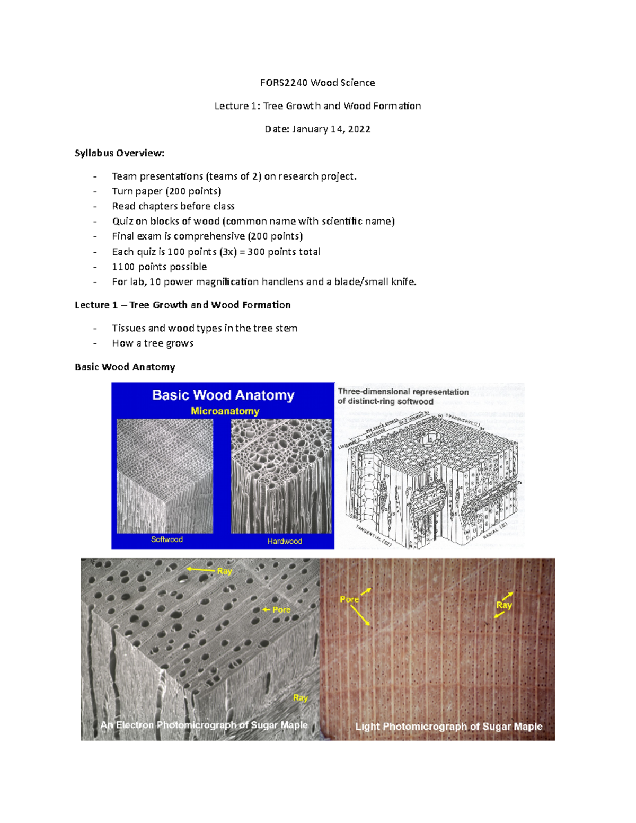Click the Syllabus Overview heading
click(119, 153)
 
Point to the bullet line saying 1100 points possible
click(159, 267)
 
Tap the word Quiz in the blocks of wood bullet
click(122, 221)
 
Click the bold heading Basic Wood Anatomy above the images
click(125, 367)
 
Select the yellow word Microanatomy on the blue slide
click(225, 411)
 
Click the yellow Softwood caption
click(166, 539)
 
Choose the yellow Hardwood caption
click(284, 541)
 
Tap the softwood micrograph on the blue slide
click(165, 475)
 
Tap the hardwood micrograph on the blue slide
click(281, 475)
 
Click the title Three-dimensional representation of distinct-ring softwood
click(403, 396)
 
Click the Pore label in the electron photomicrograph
click(281, 610)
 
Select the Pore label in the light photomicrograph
click(349, 599)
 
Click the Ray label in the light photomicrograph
click(503, 605)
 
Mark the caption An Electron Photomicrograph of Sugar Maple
click(204, 725)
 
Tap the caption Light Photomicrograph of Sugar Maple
click(448, 727)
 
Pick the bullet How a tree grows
click(152, 343)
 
